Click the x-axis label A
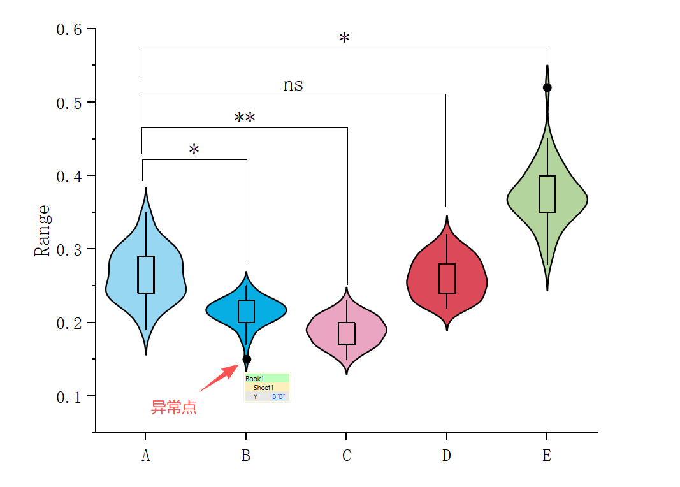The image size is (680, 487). pos(146,456)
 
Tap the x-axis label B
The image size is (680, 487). pos(246,456)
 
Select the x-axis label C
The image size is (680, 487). pos(346,456)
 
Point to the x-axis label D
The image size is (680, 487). pos(446,456)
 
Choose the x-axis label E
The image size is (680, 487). pos(547,456)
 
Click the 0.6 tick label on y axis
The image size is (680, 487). pos(69,29)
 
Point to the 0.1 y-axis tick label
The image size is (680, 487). pos(69,397)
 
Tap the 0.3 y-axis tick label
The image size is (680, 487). pos(69,250)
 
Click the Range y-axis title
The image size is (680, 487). pos(42,230)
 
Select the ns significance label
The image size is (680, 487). pos(293,85)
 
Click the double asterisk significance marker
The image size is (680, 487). pos(245,118)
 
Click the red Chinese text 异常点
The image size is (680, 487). pos(173,408)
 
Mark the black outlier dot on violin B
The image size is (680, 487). pos(247,359)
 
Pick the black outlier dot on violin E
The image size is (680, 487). pos(547,87)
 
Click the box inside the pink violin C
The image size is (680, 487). pos(347,333)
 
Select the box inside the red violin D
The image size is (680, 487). pos(447,279)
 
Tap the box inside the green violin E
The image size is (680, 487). pos(547,194)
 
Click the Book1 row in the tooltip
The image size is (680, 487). pos(267,379)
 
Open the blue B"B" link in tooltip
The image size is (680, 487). pos(279,396)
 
